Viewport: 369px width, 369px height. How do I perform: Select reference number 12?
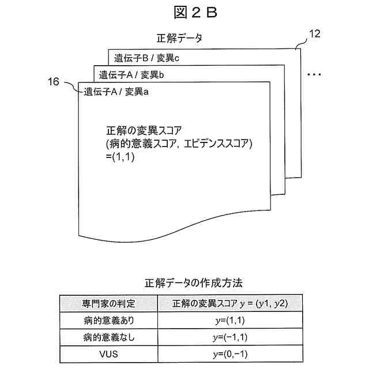315,34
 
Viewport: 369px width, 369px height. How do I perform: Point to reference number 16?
53,82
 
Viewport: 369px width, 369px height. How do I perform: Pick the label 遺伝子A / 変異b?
132,74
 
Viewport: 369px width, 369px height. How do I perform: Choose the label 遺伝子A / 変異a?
116,91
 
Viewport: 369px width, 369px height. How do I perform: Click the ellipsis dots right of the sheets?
314,74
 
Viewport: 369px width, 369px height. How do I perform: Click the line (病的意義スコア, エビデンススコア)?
180,142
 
